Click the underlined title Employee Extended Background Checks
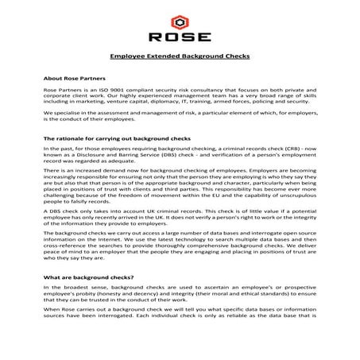point(180,58)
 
